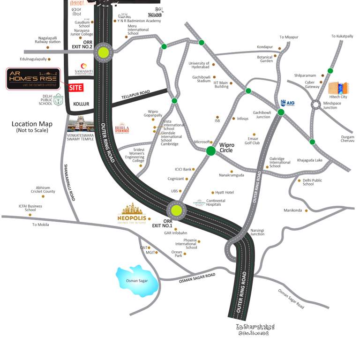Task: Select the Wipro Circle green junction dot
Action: click(x=211, y=150)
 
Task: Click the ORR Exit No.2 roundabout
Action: click(x=103, y=53)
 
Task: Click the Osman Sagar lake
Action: click(x=135, y=280)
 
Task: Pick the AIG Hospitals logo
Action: click(x=286, y=103)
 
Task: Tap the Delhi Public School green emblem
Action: click(x=58, y=99)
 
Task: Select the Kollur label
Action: click(x=81, y=104)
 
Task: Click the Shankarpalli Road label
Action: click(x=69, y=183)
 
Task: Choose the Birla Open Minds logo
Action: click(x=122, y=128)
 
